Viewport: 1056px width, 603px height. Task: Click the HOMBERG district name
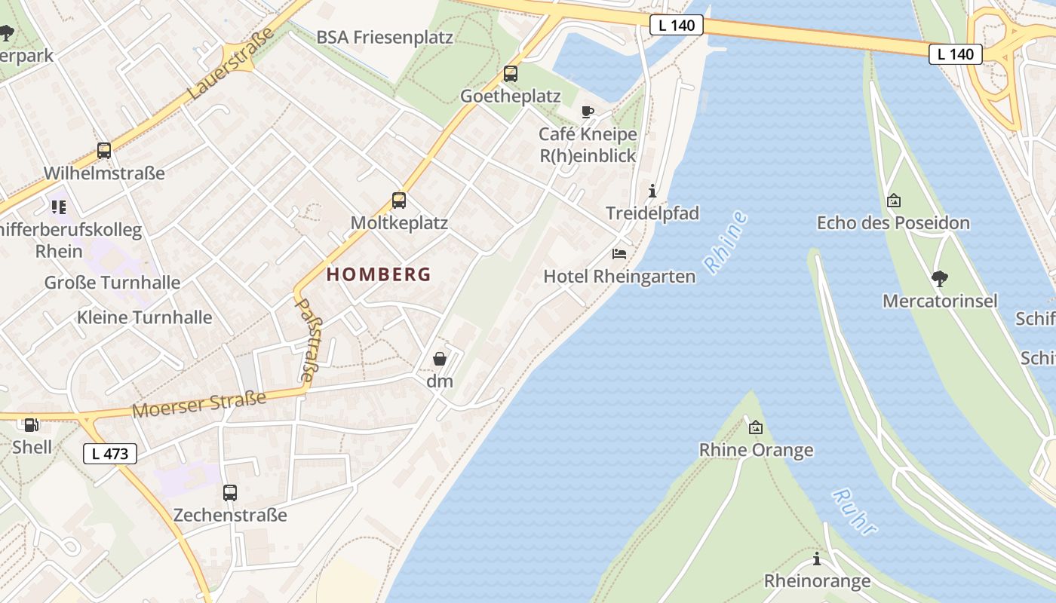[379, 274]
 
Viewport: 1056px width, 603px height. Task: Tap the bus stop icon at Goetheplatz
[511, 74]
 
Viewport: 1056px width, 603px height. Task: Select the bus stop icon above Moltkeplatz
[399, 200]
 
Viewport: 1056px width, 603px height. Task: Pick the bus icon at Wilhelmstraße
[104, 151]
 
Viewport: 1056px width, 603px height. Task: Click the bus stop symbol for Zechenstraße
[230, 493]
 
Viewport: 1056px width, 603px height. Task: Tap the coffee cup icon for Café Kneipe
[588, 112]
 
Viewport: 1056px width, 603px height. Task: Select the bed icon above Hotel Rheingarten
[619, 254]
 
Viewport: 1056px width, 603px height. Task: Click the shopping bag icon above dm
[440, 359]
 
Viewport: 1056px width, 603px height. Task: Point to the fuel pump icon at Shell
[31, 425]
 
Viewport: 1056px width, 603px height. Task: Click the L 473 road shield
[110, 454]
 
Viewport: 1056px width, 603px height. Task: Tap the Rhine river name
[726, 242]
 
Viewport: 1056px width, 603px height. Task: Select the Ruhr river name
[855, 512]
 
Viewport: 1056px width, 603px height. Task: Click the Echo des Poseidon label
[893, 223]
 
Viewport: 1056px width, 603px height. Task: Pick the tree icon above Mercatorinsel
[939, 279]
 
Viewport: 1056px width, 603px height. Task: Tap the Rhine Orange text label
[756, 450]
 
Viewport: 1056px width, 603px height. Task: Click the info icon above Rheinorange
[817, 559]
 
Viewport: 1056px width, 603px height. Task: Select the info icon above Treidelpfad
[652, 191]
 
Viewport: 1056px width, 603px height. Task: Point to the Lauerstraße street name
[229, 66]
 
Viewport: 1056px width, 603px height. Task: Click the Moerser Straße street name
[199, 405]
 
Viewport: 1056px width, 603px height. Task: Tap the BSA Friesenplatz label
[385, 37]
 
